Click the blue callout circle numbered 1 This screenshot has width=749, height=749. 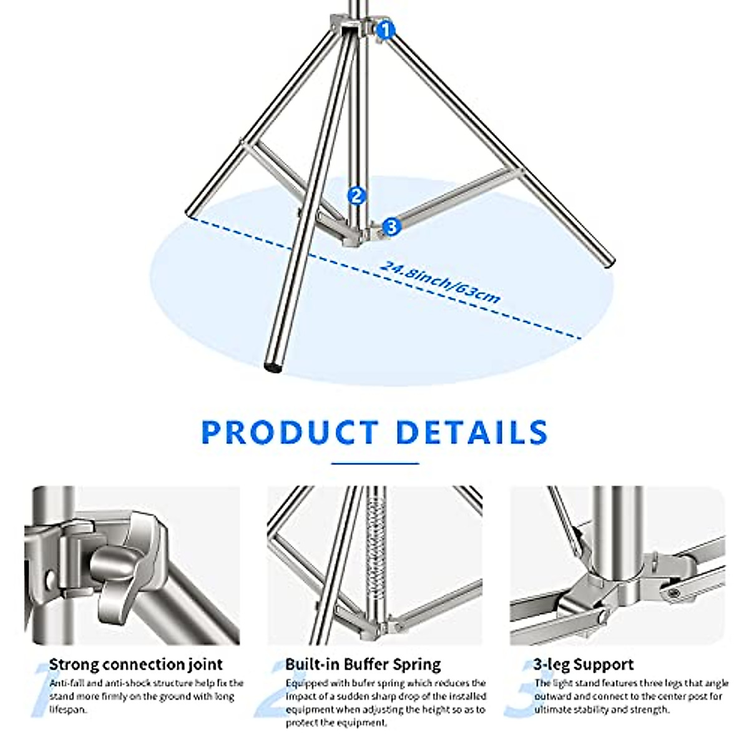(386, 29)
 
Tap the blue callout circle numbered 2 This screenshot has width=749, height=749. (356, 195)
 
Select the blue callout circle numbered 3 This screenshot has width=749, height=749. (391, 227)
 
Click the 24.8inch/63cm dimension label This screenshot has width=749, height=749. (440, 282)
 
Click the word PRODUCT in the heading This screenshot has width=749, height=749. (290, 433)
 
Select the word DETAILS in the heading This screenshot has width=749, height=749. (472, 433)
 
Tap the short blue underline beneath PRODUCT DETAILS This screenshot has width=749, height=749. (374, 464)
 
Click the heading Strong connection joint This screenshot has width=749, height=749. (135, 664)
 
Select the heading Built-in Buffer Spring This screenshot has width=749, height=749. (363, 664)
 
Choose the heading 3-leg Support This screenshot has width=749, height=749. (584, 664)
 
